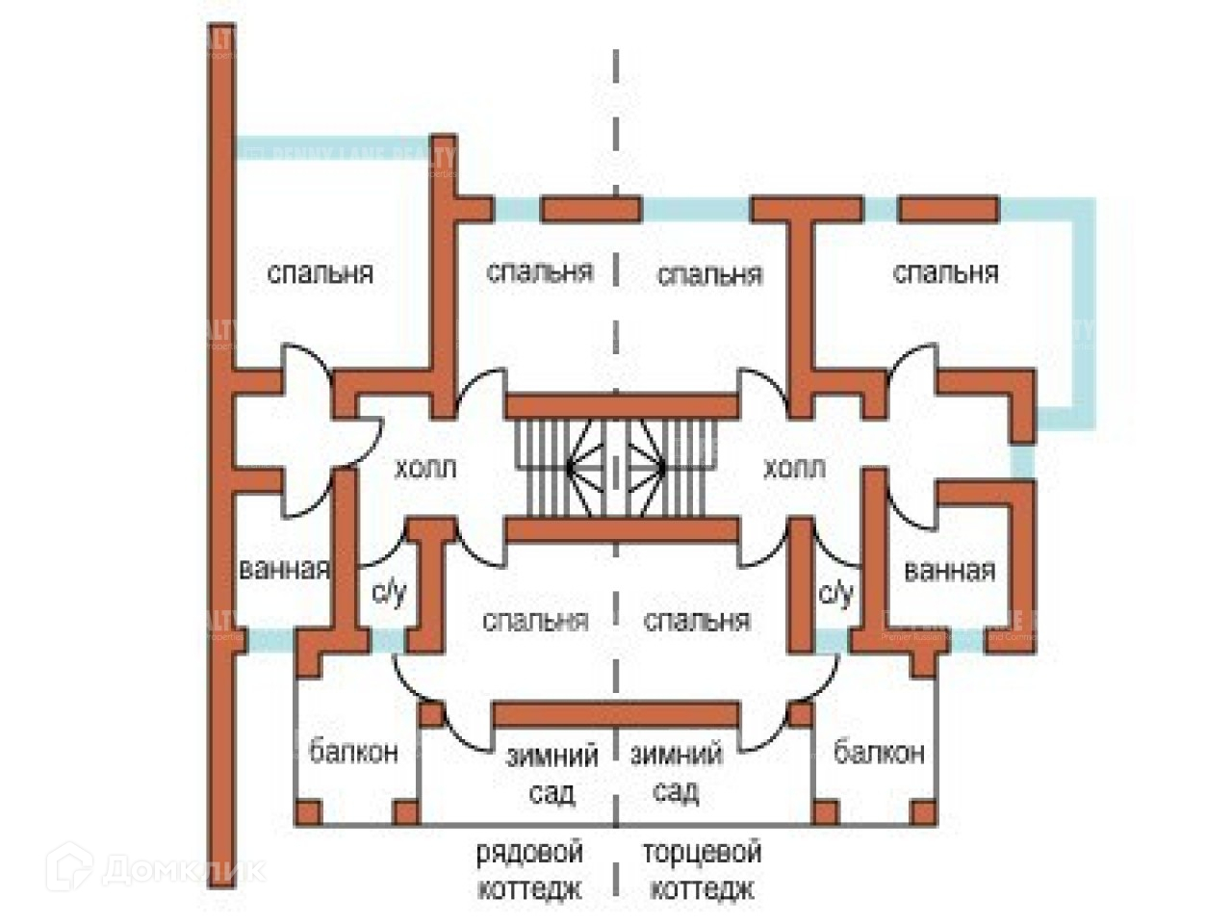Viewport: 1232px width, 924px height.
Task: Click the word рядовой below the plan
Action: click(x=529, y=853)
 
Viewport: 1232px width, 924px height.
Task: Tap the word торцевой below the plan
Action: click(x=703, y=853)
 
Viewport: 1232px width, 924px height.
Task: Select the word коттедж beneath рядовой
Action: click(x=529, y=888)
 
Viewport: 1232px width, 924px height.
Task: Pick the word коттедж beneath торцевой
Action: click(x=703, y=888)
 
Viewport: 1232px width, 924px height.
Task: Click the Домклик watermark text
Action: click(x=183, y=870)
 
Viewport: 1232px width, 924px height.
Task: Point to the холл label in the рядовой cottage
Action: click(x=424, y=470)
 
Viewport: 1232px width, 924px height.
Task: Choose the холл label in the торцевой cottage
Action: click(x=794, y=470)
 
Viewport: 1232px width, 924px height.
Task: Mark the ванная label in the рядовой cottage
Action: click(x=284, y=569)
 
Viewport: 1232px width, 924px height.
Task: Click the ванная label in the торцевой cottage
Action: click(x=949, y=571)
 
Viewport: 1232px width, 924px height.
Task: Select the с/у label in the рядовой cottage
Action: click(x=389, y=593)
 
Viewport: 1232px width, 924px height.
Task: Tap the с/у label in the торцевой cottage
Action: click(x=835, y=593)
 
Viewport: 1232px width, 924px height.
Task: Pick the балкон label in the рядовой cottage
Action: click(x=353, y=751)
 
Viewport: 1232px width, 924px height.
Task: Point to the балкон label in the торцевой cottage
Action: click(x=879, y=751)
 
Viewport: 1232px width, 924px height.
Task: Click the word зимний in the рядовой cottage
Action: click(x=552, y=756)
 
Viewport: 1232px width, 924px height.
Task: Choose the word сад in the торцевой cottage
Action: click(x=676, y=792)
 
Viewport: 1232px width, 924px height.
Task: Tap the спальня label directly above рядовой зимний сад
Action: click(x=535, y=621)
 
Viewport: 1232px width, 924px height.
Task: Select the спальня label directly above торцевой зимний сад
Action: click(x=697, y=621)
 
